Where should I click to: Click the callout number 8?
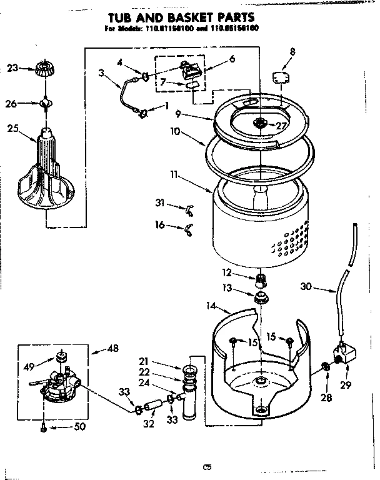292,51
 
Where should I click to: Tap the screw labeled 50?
43,427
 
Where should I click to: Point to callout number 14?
211,306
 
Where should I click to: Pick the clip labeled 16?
187,232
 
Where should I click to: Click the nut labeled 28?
324,367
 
